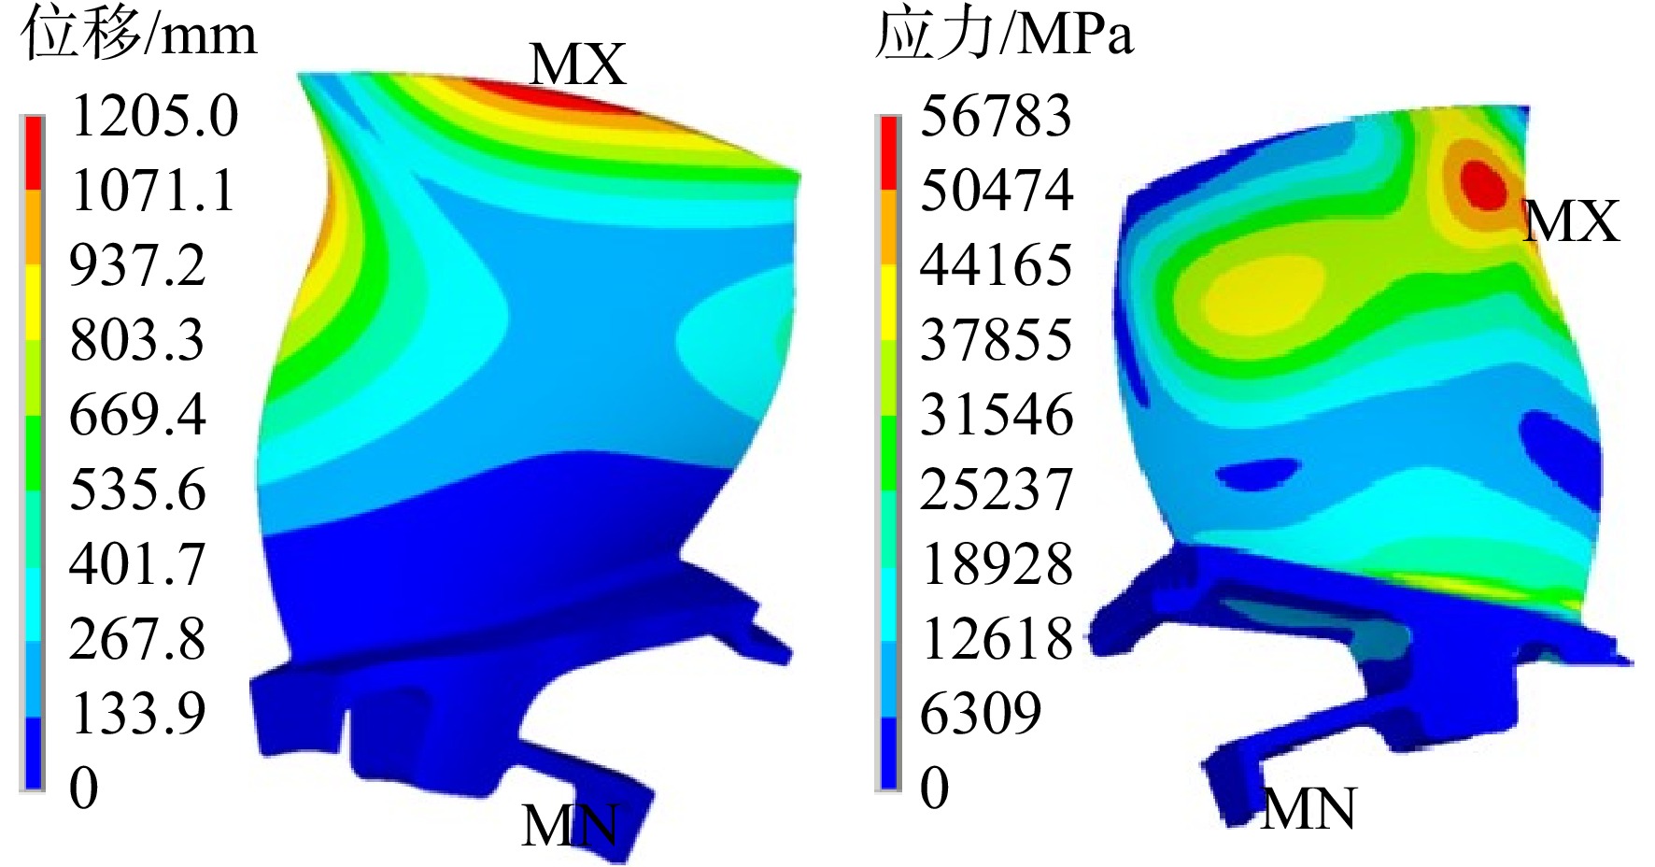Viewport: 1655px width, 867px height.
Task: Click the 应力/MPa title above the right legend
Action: click(x=1004, y=36)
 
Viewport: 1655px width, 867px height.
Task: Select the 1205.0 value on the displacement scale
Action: click(x=154, y=116)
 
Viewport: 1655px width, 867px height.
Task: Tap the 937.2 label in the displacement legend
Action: click(x=137, y=265)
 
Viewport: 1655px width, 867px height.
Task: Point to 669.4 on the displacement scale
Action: click(x=137, y=415)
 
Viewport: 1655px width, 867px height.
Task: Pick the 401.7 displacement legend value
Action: click(x=137, y=564)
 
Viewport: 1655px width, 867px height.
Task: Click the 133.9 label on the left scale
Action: click(x=137, y=714)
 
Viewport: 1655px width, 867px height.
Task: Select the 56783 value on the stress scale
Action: click(x=997, y=116)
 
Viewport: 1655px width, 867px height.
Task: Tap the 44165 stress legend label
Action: click(x=997, y=265)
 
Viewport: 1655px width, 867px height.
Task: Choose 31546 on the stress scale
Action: click(x=997, y=415)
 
